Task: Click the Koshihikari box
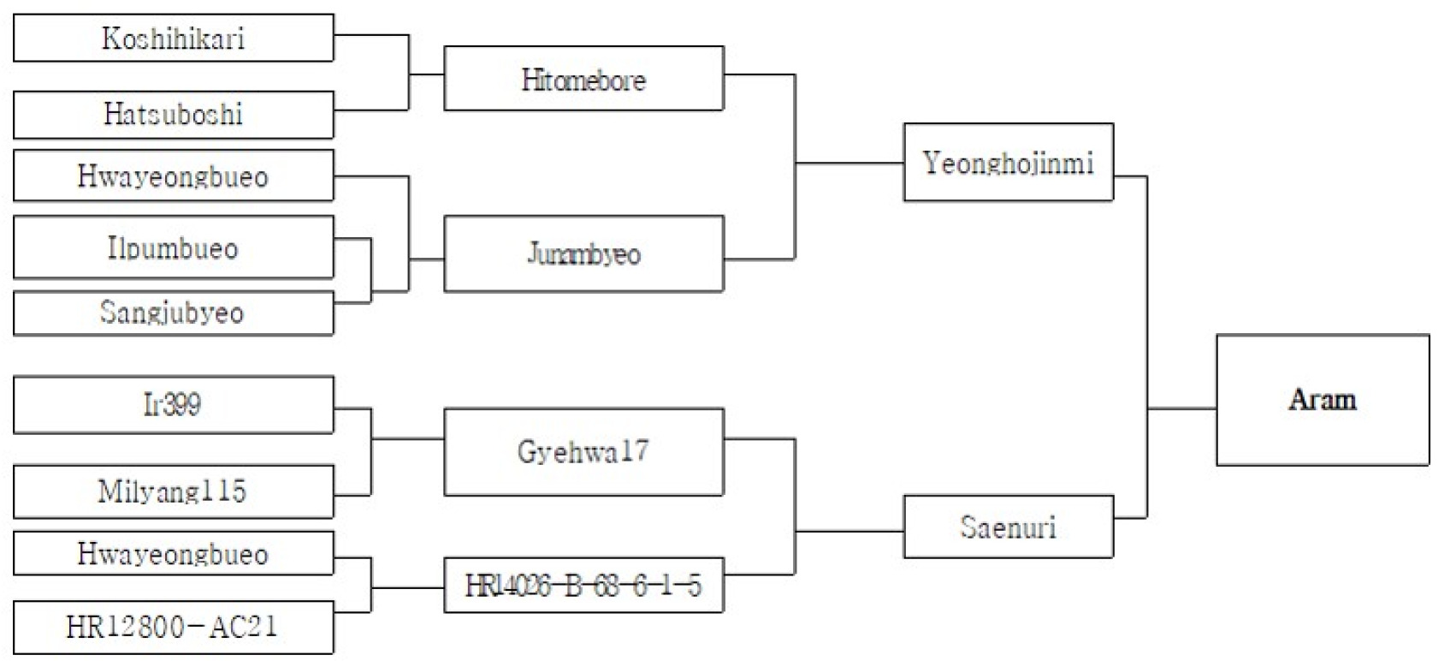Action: (174, 38)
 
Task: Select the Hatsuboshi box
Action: (174, 115)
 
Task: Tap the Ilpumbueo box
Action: (174, 247)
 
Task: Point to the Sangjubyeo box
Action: (174, 313)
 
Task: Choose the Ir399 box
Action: (174, 404)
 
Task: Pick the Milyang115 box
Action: (174, 491)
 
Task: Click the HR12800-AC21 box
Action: (174, 628)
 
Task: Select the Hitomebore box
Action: (584, 79)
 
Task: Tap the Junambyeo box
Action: (584, 253)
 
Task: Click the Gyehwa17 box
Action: (584, 452)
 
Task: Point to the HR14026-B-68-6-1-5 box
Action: (584, 585)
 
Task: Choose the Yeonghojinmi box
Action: (1009, 162)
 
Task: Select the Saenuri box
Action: (1009, 527)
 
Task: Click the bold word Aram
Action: (1323, 400)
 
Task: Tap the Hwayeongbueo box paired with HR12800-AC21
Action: (174, 553)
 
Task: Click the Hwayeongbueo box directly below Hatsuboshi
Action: (174, 176)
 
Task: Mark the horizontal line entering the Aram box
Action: (1182, 409)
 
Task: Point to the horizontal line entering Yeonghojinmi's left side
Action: (850, 163)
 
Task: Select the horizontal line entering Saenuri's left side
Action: (850, 532)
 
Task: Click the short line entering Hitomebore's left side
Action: (427, 74)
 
